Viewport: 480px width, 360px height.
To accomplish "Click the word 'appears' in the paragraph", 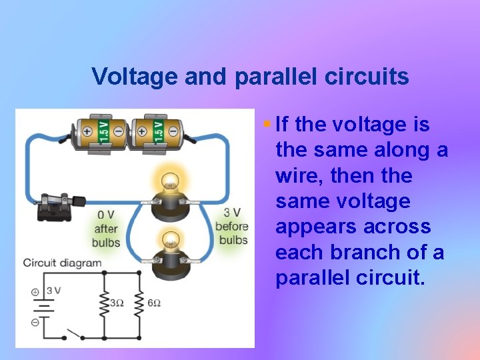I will tap(316, 227).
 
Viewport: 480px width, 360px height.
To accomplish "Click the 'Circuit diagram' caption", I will tap(62, 263).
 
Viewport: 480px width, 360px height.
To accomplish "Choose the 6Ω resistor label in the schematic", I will tap(153, 303).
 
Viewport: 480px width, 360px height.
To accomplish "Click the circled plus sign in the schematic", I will tap(35, 292).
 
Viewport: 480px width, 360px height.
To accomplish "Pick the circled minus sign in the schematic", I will tap(35, 321).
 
